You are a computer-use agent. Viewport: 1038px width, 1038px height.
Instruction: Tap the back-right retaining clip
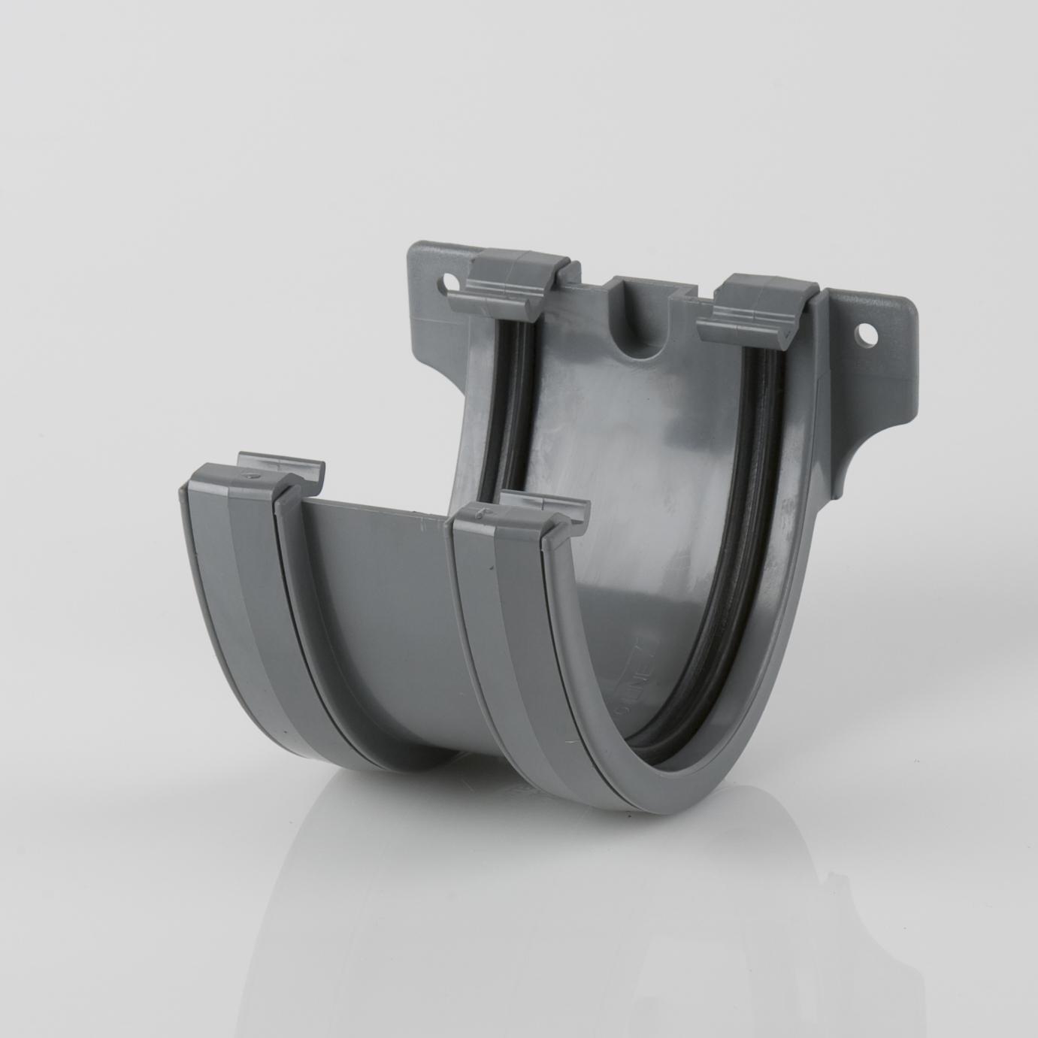759,307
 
